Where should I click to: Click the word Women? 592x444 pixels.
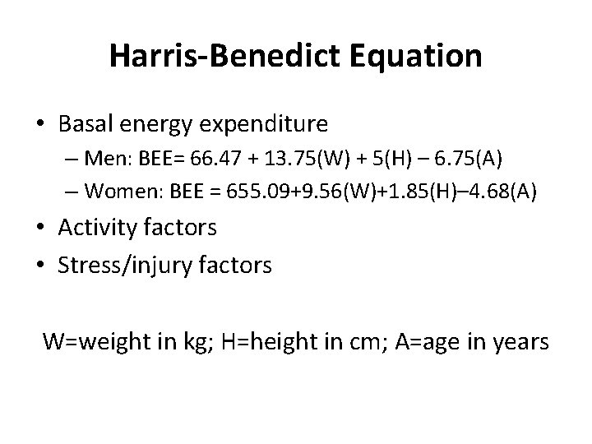pyautogui.click(x=120, y=192)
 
